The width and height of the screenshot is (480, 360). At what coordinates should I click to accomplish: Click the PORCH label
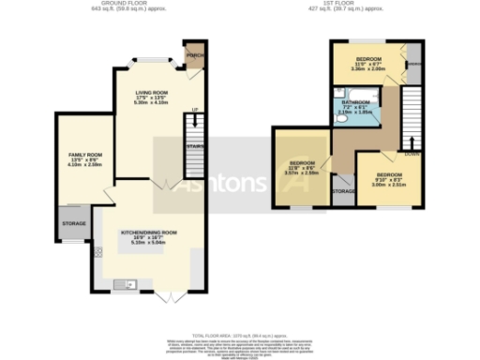(196, 54)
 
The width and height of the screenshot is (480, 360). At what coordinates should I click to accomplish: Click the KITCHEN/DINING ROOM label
(148, 234)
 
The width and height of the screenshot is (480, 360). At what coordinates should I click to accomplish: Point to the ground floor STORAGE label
(74, 223)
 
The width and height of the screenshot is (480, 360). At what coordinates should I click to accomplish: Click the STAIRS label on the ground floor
(194, 147)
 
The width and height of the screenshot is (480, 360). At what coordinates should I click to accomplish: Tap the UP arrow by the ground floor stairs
(195, 112)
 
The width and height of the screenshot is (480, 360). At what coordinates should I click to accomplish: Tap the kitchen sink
(123, 283)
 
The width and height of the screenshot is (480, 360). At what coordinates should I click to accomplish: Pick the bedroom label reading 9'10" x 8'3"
(389, 180)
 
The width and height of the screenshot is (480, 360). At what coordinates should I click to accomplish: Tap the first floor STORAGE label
(343, 191)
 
